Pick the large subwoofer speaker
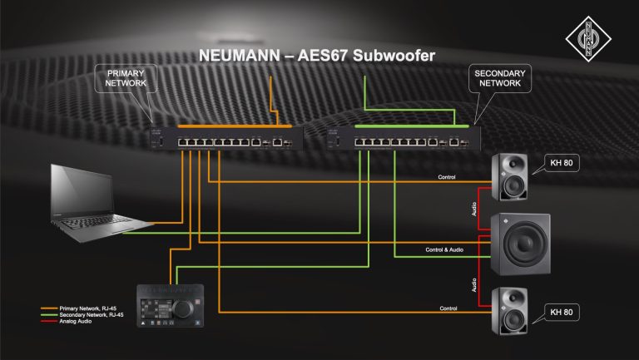click(520, 244)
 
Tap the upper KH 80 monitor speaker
click(508, 177)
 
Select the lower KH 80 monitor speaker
click(508, 311)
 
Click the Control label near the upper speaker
click(448, 177)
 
